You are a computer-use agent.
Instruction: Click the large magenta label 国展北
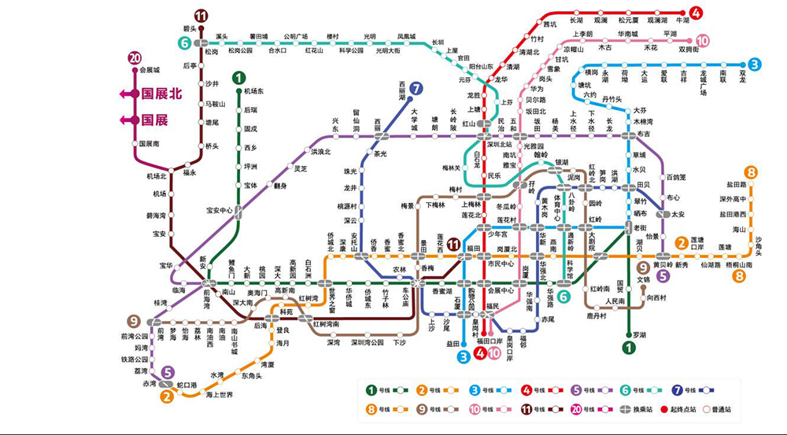(161, 94)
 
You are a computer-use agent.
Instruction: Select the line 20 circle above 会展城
(135, 58)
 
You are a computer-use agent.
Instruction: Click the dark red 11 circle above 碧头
(201, 16)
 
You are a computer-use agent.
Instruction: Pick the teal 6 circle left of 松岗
(185, 43)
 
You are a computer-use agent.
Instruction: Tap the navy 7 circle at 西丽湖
(416, 89)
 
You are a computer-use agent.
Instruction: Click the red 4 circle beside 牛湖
(696, 13)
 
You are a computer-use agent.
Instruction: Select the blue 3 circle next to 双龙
(754, 65)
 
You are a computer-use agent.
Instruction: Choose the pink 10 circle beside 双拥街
(702, 41)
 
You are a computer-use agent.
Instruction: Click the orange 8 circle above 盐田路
(752, 172)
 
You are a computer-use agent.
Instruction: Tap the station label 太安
(678, 214)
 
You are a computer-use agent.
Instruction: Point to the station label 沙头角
(759, 245)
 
